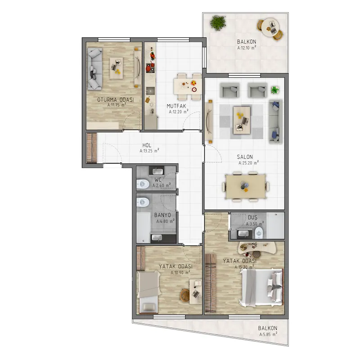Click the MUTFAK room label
tap(176, 106)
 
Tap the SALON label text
tap(245, 157)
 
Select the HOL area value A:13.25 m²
tap(149, 151)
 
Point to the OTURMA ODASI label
tap(115, 100)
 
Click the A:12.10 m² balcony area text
tap(247, 48)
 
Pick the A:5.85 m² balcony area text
tap(268, 334)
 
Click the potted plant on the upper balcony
tap(218, 23)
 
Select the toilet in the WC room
tap(143, 184)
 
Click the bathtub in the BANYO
tap(144, 227)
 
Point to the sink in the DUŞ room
tap(243, 234)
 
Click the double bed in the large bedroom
tap(261, 288)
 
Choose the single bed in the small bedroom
tap(149, 292)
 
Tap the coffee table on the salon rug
tap(242, 120)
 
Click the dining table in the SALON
tap(246, 186)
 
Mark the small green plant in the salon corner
tap(275, 90)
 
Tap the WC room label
tap(158, 180)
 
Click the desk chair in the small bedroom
tap(185, 295)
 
